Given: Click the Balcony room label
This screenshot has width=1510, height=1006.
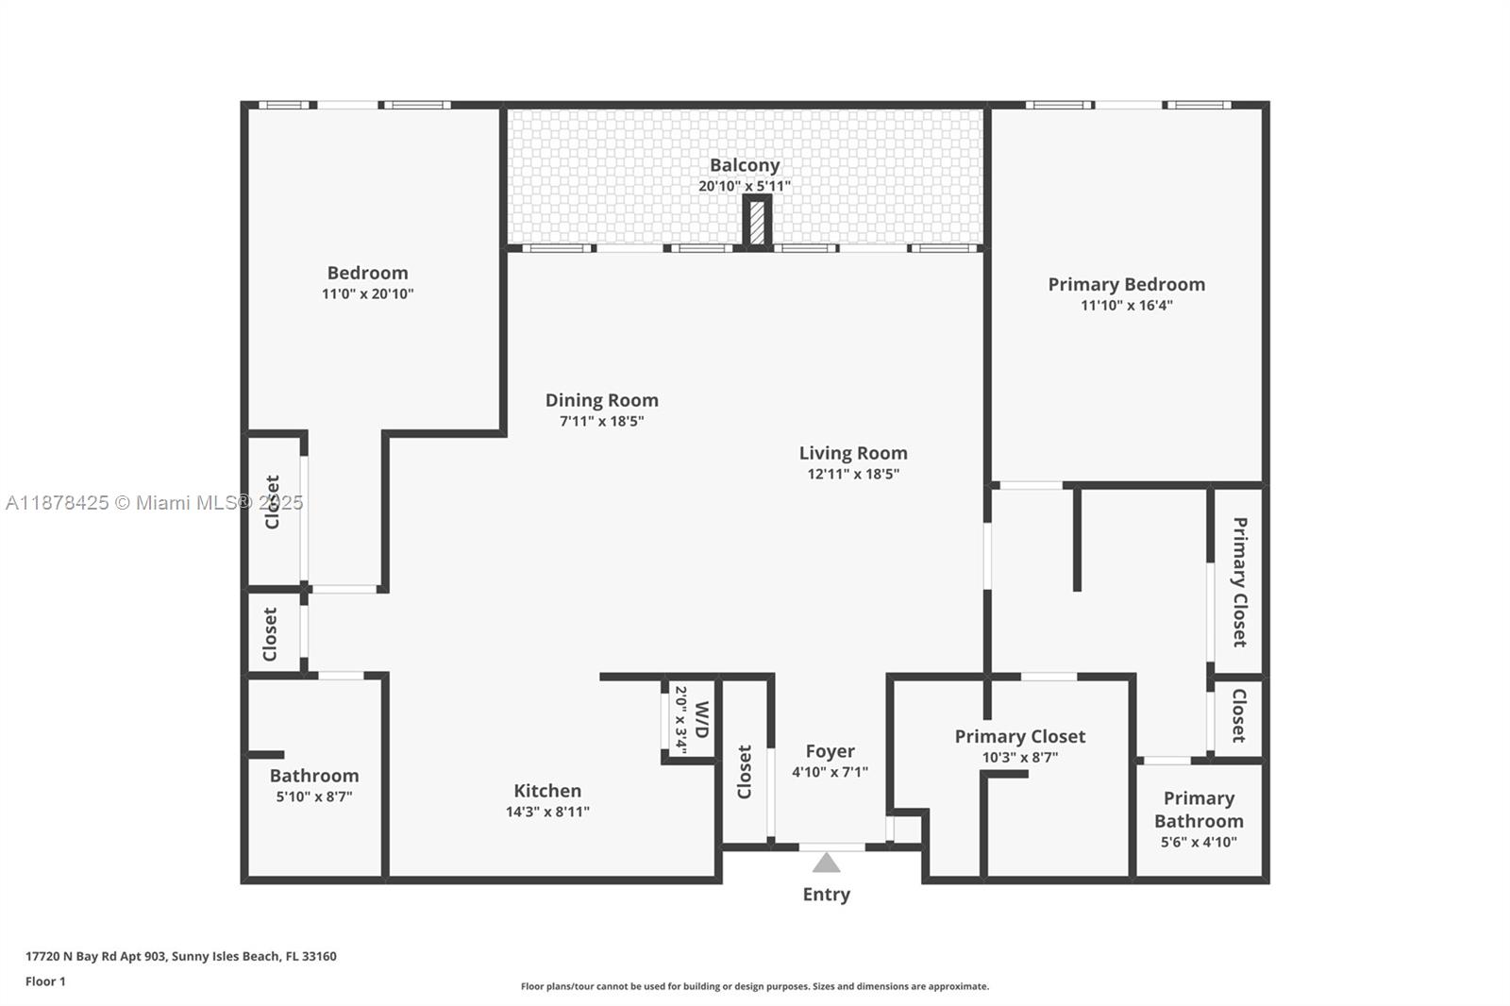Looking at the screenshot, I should [x=745, y=165].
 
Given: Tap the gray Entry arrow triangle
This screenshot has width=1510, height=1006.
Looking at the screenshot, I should [x=826, y=863].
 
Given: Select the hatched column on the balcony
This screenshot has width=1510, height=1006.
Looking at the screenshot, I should [x=757, y=224].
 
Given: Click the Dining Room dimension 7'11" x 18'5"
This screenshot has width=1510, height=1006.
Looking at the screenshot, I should [x=601, y=421].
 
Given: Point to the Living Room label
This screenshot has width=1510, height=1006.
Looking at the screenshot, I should [x=853, y=453].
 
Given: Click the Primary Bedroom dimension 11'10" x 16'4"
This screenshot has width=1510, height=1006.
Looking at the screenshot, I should [x=1126, y=305].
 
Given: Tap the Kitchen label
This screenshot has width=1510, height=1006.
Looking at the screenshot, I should [x=547, y=791].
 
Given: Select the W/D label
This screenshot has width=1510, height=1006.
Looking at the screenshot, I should [x=701, y=719].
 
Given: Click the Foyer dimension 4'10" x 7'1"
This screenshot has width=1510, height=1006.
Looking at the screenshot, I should [x=830, y=772].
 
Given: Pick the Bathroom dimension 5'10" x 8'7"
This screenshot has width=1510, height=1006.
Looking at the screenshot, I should [x=314, y=796].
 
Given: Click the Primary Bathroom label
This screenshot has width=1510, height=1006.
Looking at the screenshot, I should [x=1199, y=810].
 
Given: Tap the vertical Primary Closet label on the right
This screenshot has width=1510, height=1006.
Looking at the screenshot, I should [x=1239, y=581].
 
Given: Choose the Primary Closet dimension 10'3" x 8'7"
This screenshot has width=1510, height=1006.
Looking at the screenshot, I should [x=1019, y=757].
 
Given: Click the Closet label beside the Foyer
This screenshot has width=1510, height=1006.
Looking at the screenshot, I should [x=745, y=772].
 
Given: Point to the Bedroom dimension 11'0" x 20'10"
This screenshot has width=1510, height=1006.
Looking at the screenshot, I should [x=367, y=293].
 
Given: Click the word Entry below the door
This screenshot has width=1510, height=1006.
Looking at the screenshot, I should [x=826, y=894].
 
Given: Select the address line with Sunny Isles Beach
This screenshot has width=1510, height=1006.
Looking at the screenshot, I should [x=181, y=956].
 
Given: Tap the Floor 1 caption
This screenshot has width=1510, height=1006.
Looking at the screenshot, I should [x=45, y=981].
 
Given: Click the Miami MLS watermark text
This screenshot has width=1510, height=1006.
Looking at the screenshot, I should [x=155, y=503].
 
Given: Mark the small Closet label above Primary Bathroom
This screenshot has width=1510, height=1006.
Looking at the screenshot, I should [x=1238, y=715].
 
